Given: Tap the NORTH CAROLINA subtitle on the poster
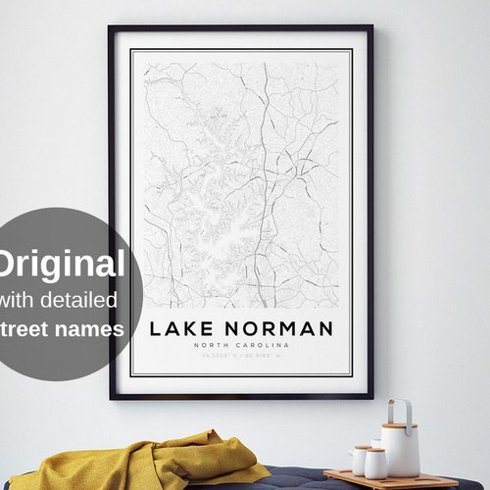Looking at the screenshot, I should coord(240,346).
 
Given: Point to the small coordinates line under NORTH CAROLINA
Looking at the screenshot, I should coord(240,358).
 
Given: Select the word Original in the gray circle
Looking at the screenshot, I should coord(62,264).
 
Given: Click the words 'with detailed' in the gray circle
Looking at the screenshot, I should coord(59,299).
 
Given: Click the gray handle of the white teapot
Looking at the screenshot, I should coord(399,409).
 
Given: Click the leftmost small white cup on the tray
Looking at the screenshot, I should coord(361,460).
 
